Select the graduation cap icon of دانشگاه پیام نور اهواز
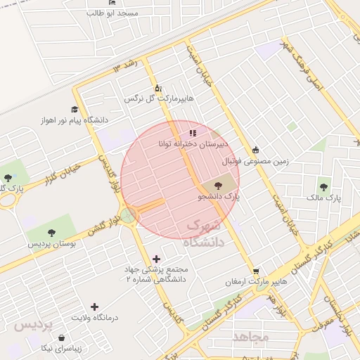point(75,109)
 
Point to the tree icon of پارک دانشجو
point(217,186)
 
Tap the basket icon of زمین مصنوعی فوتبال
point(255,150)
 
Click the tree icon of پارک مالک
point(323,187)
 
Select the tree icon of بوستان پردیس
point(51,233)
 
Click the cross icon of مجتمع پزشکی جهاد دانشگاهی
point(156,259)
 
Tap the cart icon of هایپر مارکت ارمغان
point(256,271)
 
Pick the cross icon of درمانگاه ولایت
point(95,307)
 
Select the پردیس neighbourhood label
point(30,326)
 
